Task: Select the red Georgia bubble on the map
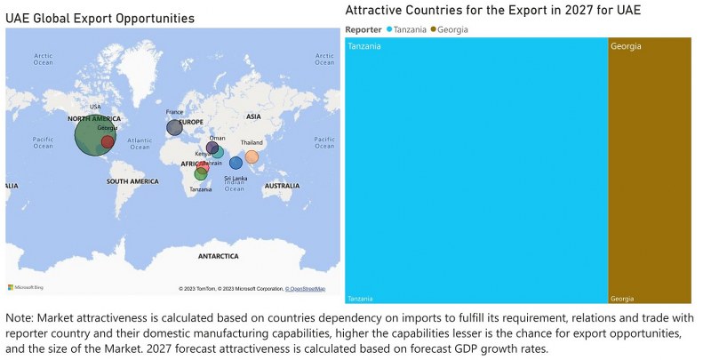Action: [108, 141]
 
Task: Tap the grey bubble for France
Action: [174, 128]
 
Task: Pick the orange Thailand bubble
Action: [252, 157]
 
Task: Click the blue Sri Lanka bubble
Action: [236, 163]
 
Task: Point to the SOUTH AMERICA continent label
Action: [132, 181]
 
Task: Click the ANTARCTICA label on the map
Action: [219, 256]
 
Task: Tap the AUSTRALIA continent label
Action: [282, 185]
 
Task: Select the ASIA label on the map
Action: [253, 116]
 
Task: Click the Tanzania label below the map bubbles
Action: [200, 189]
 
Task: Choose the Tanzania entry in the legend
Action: [410, 29]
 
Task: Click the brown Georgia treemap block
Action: [650, 169]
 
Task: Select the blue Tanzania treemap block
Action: [475, 169]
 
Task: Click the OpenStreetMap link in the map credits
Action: [305, 289]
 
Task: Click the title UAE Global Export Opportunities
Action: [100, 18]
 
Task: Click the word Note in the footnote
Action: [20, 317]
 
